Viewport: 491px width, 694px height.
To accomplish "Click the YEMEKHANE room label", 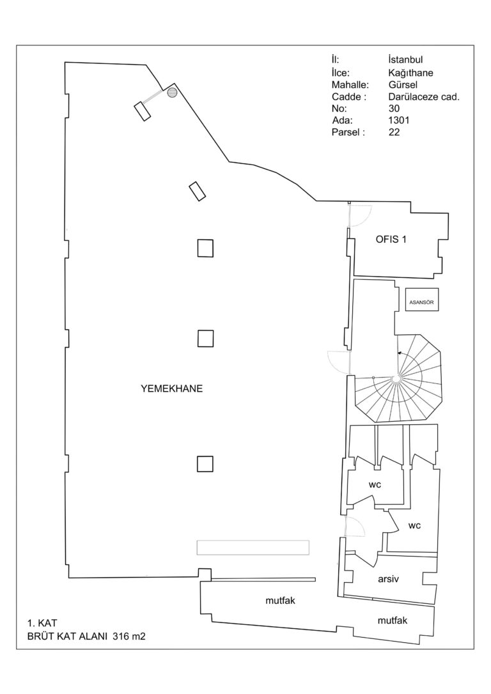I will tap(171, 388).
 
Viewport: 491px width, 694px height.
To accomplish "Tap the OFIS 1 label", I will tap(391, 240).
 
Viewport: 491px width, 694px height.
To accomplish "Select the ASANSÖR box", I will tap(423, 300).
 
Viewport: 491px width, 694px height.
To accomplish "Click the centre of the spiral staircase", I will tap(396, 380).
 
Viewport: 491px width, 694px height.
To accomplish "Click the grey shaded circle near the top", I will tap(171, 93).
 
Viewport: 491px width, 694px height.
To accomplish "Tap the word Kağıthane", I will tap(410, 73).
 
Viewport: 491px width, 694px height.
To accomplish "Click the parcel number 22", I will tap(394, 134).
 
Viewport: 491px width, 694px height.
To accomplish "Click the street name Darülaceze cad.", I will tap(424, 97).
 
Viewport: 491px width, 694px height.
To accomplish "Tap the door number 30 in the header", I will tap(394, 109).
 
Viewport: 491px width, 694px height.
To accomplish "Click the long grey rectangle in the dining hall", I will tap(253, 547).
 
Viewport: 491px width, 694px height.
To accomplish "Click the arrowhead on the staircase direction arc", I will tap(399, 353).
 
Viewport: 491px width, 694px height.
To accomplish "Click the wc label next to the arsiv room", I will tap(414, 526).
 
